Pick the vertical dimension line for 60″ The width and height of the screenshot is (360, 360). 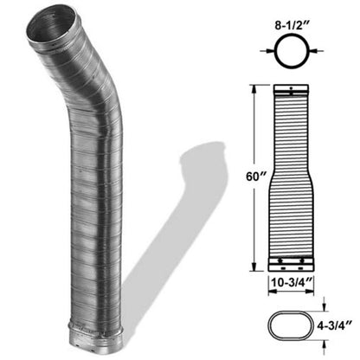[252, 130]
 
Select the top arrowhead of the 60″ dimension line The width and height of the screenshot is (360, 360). [252, 87]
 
